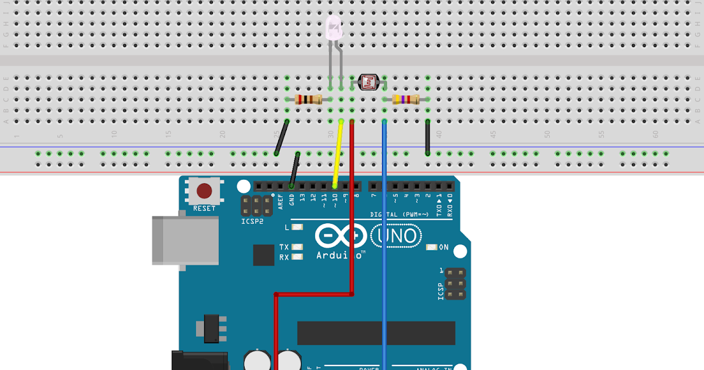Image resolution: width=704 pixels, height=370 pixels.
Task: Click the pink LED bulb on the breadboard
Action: point(333,29)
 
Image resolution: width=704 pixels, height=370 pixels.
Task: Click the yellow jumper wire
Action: point(337,156)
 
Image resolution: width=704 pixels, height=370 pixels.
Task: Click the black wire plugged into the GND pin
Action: point(295,170)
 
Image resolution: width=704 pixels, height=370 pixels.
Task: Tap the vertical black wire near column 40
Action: point(428,137)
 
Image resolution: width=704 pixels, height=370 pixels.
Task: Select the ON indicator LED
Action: point(432,247)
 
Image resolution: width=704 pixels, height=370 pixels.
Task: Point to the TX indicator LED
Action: point(297,247)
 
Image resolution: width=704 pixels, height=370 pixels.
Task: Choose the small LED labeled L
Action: point(297,227)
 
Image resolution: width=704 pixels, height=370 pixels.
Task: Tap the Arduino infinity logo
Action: point(340,236)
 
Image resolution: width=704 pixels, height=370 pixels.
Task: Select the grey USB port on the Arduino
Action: point(185,240)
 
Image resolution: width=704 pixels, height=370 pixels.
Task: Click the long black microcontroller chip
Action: point(376,333)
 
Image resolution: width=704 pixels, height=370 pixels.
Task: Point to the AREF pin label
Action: point(281,201)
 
